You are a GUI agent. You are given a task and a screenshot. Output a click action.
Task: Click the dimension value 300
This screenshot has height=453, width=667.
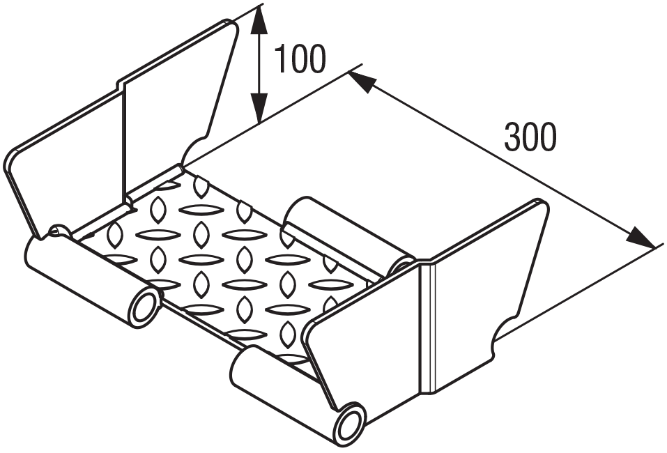530,137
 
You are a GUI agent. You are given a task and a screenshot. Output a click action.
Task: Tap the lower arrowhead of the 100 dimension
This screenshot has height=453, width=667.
259,108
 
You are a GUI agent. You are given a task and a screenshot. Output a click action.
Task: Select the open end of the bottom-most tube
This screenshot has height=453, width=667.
350,423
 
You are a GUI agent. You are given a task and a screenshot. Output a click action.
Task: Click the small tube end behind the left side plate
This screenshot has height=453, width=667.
58,230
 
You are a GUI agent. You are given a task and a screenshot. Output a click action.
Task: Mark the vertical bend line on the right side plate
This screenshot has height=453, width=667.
428,328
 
